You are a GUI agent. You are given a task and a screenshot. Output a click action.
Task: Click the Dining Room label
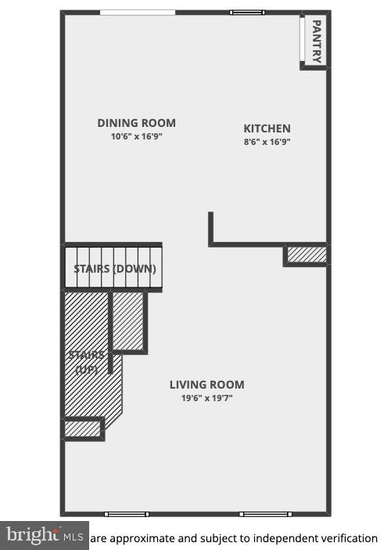(136, 123)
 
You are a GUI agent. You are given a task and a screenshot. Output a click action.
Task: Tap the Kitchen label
(267, 128)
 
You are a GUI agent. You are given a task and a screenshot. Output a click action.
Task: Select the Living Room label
(206, 385)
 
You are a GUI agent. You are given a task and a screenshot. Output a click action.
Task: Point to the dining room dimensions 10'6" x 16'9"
(136, 136)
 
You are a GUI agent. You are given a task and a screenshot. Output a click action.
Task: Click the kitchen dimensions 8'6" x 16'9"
(267, 142)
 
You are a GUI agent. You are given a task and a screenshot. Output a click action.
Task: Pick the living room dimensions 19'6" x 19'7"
(206, 398)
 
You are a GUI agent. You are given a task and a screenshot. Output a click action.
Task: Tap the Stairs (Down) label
(114, 269)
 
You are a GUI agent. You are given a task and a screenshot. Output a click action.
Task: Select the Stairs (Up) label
(86, 362)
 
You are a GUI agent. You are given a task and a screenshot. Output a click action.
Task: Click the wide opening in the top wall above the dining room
(138, 12)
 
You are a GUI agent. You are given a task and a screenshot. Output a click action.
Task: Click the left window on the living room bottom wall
(126, 514)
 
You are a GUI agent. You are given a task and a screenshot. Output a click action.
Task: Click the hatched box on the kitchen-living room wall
(306, 255)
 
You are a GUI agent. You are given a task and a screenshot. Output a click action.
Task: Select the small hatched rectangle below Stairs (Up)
(82, 429)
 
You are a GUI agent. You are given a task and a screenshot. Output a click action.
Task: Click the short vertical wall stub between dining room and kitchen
(211, 228)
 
